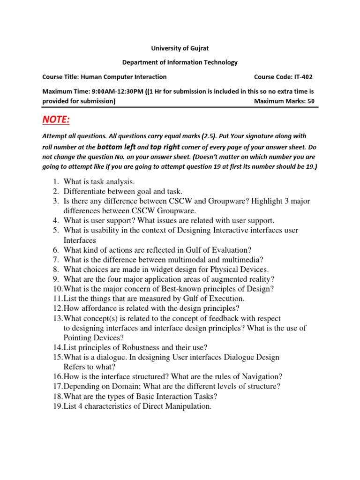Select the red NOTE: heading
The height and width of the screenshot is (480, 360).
(x=56, y=120)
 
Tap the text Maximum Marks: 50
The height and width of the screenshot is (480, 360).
(x=284, y=101)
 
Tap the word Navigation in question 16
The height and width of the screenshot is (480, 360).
(x=260, y=377)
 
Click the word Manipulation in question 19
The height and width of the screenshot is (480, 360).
(x=187, y=406)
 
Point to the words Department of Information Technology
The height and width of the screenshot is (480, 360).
(x=180, y=62)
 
